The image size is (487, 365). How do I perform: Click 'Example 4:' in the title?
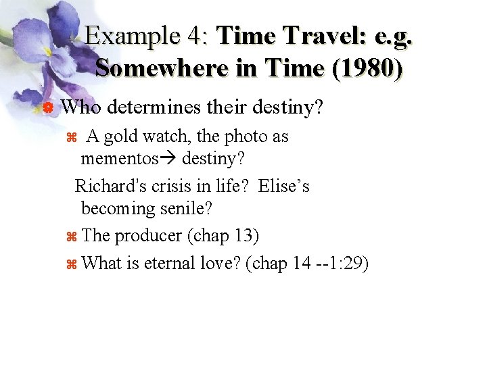[148, 35]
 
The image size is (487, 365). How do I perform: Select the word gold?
[123, 137]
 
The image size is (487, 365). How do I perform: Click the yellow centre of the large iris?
[47, 51]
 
